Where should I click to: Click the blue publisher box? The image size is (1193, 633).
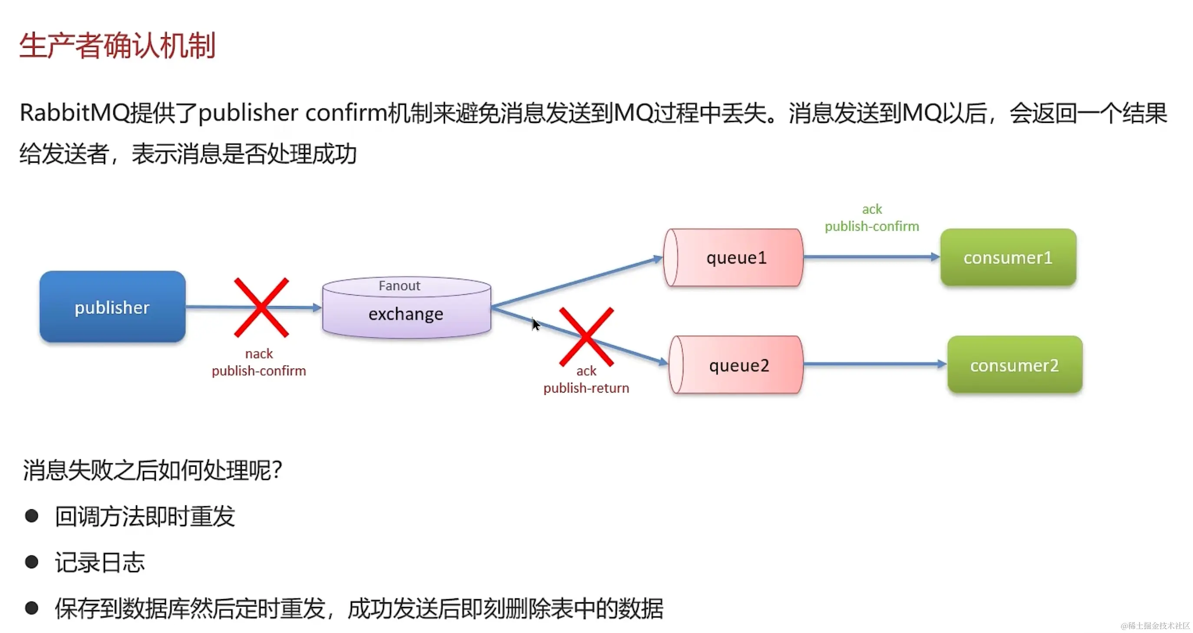112,307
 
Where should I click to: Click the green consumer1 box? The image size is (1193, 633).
1008,257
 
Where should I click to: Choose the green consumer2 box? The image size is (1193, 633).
1015,365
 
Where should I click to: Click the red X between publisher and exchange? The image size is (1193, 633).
262,307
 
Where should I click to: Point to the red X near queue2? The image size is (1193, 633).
587,337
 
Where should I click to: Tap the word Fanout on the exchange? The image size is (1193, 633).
399,286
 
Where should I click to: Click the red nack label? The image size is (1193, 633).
259,354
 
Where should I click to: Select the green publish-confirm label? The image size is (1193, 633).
872,227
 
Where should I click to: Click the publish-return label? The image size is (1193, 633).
587,388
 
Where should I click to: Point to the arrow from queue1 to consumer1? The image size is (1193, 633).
871,257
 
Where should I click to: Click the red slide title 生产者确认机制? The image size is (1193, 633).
118,46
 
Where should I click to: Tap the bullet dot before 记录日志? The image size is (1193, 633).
32,562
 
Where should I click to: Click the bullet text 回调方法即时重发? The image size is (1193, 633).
145,516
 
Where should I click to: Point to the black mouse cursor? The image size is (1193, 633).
535,324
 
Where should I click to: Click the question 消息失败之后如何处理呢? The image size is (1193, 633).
152,470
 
